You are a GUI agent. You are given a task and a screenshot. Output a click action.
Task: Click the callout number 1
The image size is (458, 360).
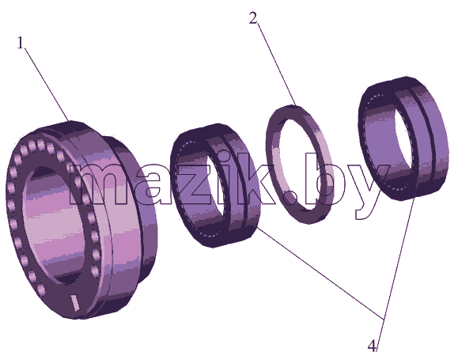tap(20, 44)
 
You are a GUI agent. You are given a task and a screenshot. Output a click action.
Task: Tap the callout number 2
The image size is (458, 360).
tap(254, 18)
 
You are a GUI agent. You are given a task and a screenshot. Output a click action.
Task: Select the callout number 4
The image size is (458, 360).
tap(372, 347)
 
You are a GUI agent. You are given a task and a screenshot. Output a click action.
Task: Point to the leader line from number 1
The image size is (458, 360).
tap(47, 84)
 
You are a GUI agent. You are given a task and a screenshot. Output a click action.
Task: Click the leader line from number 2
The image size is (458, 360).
tap(277, 64)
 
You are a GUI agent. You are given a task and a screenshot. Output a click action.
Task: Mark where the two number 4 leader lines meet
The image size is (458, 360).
tap(383, 319)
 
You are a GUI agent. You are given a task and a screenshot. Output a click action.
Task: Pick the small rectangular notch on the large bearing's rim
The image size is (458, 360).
tap(75, 303)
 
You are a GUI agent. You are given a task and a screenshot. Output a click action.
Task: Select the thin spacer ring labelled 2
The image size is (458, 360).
tap(300, 165)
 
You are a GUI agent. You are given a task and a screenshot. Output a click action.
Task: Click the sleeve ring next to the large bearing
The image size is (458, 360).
tap(214, 185)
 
